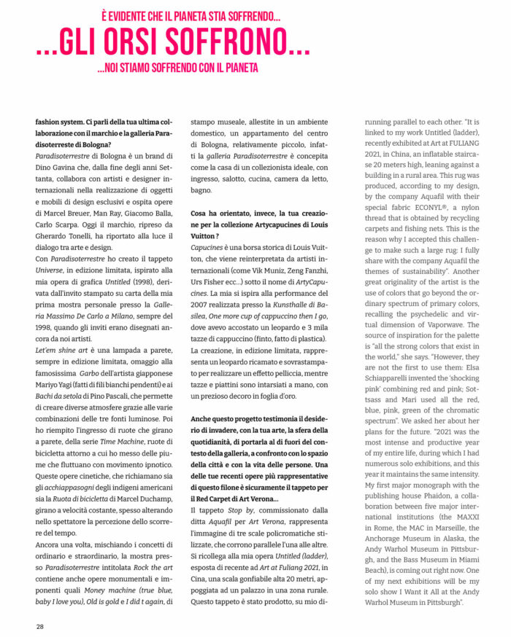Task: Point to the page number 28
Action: [40, 625]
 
